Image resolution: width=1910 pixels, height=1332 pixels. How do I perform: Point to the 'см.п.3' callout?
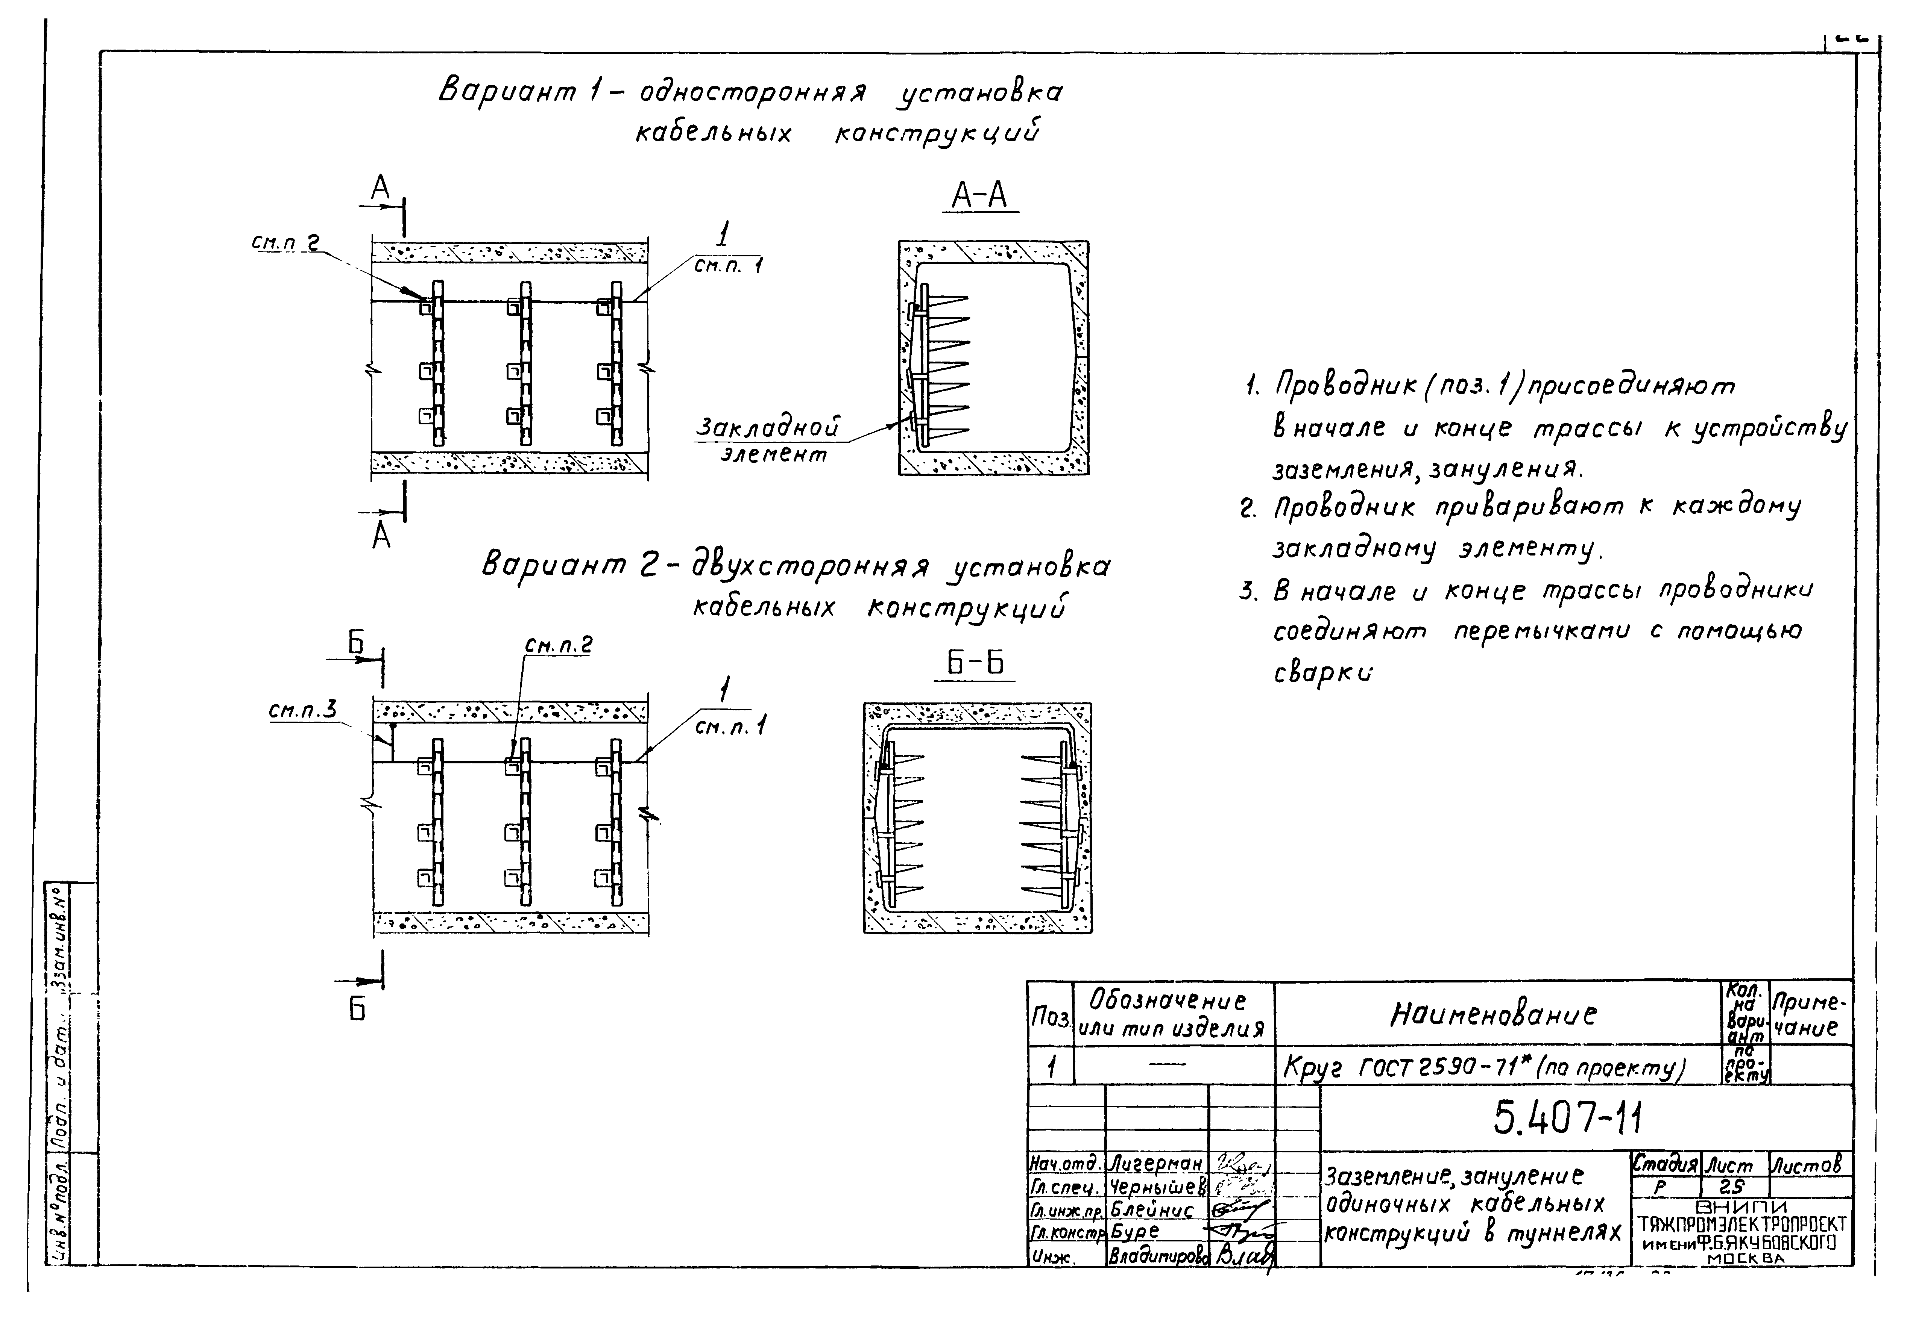click(303, 711)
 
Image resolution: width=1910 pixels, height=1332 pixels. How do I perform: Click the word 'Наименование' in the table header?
click(1493, 1014)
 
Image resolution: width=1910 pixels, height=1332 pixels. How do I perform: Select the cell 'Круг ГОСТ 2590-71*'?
click(1481, 1068)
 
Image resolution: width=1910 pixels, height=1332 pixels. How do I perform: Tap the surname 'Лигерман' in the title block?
click(1155, 1163)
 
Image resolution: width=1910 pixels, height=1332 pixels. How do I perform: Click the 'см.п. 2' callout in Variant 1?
click(285, 243)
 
